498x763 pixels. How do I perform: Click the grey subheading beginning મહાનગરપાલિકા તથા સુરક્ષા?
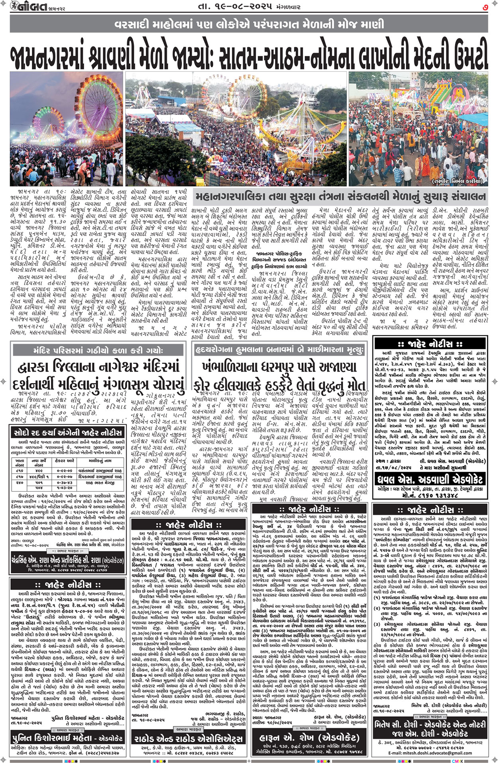click(x=340, y=197)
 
